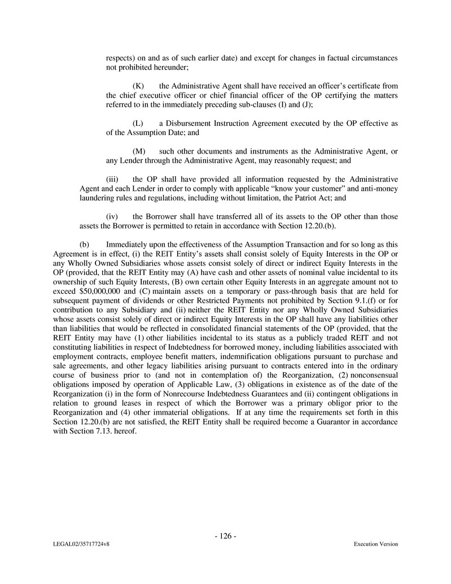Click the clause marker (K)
coord(138,86)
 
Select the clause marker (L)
coord(138,123)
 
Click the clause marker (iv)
coord(112,216)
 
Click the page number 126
coord(225,536)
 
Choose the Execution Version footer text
coord(376,544)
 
